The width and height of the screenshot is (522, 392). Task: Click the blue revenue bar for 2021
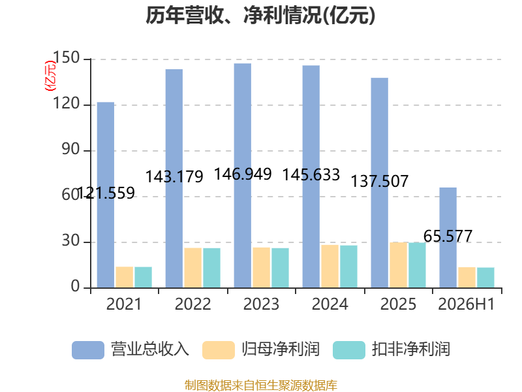click(106, 195)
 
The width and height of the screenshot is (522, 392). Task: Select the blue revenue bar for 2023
click(243, 175)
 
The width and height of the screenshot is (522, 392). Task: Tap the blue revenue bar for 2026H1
click(448, 237)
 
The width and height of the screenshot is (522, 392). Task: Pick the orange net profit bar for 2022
click(193, 268)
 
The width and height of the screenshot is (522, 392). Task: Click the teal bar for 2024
click(348, 267)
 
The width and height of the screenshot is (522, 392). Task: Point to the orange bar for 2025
click(399, 265)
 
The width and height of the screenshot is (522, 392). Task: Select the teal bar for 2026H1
click(485, 277)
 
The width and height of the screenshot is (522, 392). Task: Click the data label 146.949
click(243, 174)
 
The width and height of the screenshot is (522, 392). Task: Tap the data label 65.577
click(448, 236)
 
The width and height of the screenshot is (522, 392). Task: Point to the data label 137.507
click(380, 181)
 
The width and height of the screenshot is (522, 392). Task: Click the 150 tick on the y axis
click(67, 57)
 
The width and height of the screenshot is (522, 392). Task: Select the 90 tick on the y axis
click(71, 150)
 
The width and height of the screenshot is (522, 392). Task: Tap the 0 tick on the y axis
click(76, 286)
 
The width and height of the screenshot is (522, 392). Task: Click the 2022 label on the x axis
click(192, 304)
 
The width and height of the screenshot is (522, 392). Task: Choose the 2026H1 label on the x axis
click(467, 304)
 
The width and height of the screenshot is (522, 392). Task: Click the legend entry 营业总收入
click(130, 350)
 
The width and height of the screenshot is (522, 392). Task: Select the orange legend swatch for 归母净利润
click(219, 350)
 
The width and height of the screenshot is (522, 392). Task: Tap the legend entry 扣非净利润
click(391, 350)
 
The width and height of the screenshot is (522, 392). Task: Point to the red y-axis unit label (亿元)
click(51, 76)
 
